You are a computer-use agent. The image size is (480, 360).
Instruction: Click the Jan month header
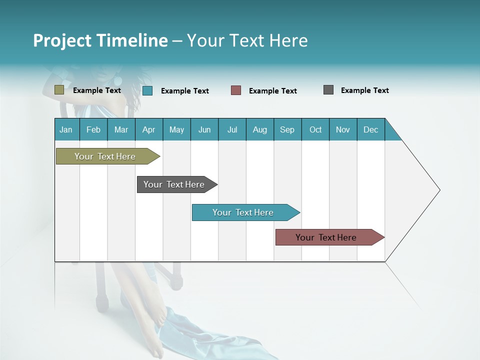click(66, 129)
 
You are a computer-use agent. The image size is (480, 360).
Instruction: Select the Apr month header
click(148, 129)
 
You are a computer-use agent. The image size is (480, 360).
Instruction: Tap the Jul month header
click(232, 129)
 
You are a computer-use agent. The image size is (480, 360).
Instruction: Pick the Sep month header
click(287, 129)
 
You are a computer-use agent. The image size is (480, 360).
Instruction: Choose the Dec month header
click(370, 129)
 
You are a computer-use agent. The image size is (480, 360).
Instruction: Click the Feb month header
click(93, 129)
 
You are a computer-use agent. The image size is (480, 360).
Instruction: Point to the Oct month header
click(315, 129)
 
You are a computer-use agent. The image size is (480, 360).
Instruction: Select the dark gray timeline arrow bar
click(175, 184)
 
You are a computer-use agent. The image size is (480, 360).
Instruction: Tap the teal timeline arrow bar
click(244, 212)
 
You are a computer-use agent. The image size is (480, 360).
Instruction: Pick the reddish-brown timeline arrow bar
click(327, 237)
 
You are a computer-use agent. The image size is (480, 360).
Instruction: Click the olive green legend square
click(59, 90)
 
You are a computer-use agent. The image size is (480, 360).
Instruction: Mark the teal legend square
click(147, 90)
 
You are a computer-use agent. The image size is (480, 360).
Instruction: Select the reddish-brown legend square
click(236, 90)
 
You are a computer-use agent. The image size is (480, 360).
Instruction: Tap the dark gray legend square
click(328, 90)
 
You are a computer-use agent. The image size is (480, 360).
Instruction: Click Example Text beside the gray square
click(364, 90)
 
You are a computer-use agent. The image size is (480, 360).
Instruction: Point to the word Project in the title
click(62, 40)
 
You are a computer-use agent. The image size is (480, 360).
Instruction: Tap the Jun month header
click(204, 129)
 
